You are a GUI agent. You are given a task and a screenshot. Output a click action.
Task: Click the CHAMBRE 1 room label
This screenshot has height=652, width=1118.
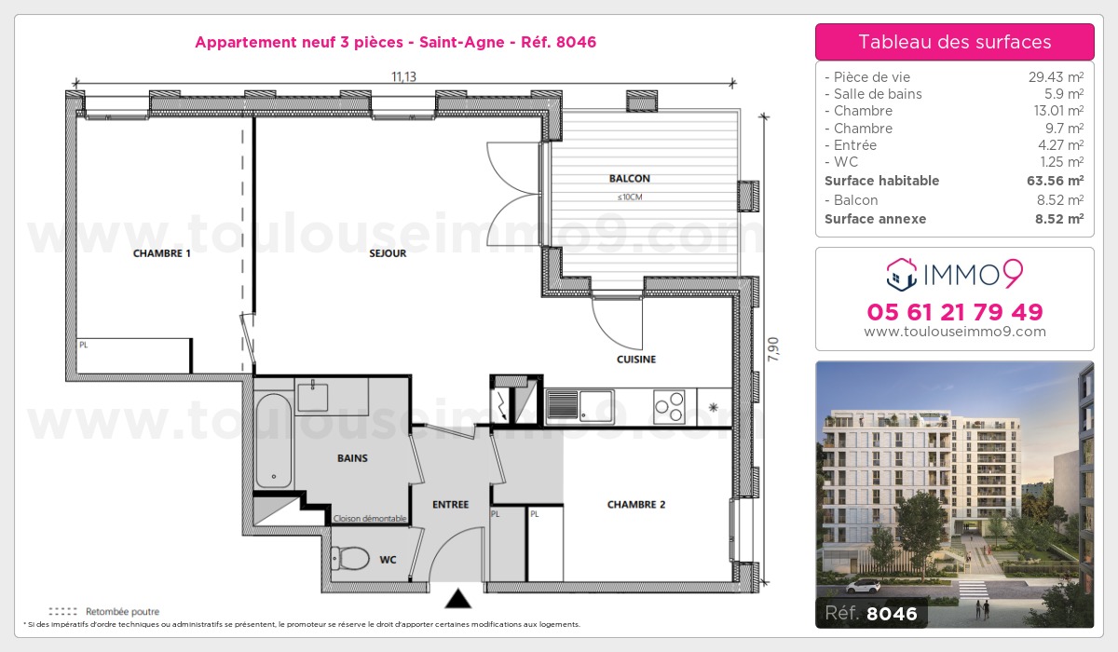point(162,253)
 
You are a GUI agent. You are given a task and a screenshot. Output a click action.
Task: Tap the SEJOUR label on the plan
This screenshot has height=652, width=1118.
point(388,253)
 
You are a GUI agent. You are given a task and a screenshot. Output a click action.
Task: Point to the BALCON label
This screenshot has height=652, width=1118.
point(630,179)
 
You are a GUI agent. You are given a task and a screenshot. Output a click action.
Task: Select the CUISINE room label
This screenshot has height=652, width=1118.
point(636,360)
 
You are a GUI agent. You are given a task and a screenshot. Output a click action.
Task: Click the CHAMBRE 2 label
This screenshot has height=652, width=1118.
point(636,505)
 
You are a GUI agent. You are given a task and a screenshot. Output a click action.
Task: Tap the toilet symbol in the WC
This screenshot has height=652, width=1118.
point(351,557)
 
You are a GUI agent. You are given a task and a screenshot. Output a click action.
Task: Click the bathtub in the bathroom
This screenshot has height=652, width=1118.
point(274,440)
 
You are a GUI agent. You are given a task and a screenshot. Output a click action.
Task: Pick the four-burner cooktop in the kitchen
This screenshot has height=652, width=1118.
point(669,405)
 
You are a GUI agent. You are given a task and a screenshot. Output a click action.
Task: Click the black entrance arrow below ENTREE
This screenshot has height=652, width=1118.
point(457,597)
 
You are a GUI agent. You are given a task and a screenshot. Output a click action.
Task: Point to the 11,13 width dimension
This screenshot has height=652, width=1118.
point(403,76)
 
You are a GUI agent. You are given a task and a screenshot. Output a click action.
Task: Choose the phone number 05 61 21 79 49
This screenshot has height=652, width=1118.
point(955,312)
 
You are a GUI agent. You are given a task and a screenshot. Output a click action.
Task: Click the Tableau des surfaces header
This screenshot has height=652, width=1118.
point(955,42)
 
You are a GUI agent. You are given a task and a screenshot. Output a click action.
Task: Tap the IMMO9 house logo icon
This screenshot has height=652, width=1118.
point(899,272)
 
